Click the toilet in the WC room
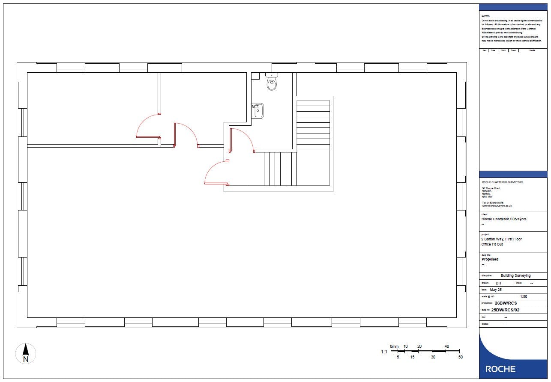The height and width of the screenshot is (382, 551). click(272, 82)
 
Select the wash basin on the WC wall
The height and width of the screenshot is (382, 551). click(258, 111)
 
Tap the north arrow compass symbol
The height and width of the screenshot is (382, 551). click(26, 354)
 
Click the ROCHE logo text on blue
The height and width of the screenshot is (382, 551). click(500, 369)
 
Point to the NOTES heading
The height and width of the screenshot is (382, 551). click(485, 16)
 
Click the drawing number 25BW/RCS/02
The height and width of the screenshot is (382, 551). click(505, 310)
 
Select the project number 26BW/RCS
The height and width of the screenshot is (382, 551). click(506, 303)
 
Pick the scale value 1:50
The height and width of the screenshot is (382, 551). click(523, 296)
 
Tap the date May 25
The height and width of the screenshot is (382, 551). click(496, 290)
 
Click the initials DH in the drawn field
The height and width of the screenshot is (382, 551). click(498, 283)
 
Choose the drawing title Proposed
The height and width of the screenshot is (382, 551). click(490, 259)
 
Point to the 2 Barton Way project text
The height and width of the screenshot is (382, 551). click(501, 239)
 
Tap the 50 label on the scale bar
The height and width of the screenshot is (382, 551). click(461, 357)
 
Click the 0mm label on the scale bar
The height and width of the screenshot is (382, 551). click(394, 346)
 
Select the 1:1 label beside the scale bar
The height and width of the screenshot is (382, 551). click(384, 352)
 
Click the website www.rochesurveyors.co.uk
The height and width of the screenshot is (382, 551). click(497, 206)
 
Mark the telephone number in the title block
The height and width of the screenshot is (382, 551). click(493, 203)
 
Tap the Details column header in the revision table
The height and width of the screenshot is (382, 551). click(532, 50)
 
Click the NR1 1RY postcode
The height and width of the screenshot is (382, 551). click(487, 197)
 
